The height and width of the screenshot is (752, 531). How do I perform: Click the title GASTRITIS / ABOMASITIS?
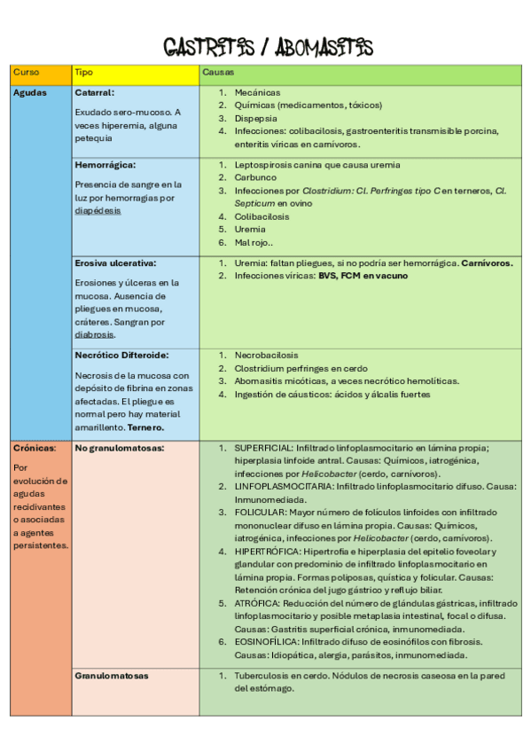pyautogui.click(x=268, y=47)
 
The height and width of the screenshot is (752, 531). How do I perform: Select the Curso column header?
pyautogui.click(x=26, y=72)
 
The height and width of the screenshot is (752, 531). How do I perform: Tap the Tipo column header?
pyautogui.click(x=83, y=72)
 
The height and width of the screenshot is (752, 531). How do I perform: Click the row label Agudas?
pyautogui.click(x=30, y=92)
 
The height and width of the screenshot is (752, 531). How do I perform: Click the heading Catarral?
pyautogui.click(x=95, y=92)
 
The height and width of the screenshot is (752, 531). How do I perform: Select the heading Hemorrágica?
pyautogui.click(x=105, y=165)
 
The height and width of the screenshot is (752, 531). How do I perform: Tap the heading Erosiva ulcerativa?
pyautogui.click(x=115, y=263)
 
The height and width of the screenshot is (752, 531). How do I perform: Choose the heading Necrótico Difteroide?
pyautogui.click(x=121, y=355)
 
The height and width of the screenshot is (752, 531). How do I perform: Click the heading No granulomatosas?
pyautogui.click(x=120, y=448)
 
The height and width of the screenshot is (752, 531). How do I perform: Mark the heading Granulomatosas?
pyautogui.click(x=112, y=676)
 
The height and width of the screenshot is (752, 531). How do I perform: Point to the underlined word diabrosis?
pyautogui.click(x=95, y=335)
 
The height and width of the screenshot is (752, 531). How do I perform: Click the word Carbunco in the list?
pyautogui.click(x=255, y=177)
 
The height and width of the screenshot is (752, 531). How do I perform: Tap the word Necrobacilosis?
pyautogui.click(x=266, y=355)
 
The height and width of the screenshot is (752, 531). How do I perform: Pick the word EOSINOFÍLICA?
pyautogui.click(x=267, y=641)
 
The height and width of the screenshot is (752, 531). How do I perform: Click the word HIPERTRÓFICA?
pyautogui.click(x=266, y=551)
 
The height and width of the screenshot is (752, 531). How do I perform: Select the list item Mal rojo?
pyautogui.click(x=254, y=242)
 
